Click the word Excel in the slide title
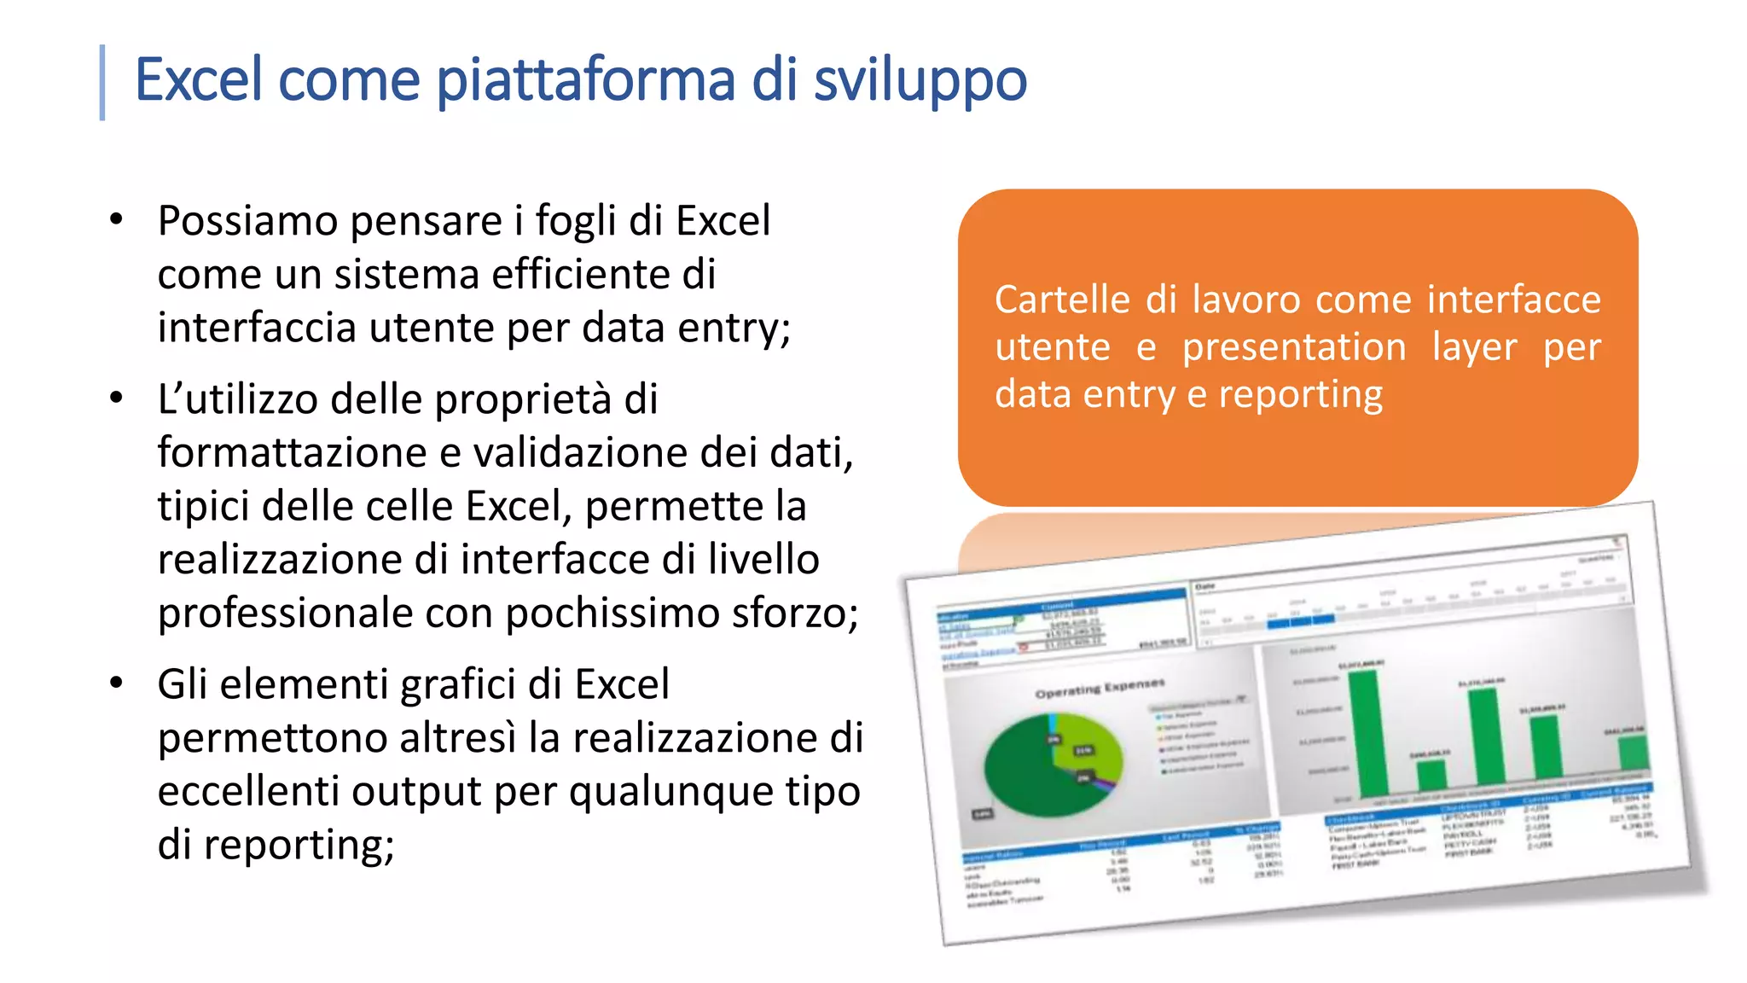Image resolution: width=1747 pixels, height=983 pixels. pyautogui.click(x=198, y=79)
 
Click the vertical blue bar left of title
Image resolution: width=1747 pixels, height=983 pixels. pyautogui.click(x=102, y=82)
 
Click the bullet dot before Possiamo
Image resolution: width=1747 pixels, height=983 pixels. pyautogui.click(x=117, y=220)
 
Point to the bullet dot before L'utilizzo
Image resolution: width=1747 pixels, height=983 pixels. pyautogui.click(x=117, y=398)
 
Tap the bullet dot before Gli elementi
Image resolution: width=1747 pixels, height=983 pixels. pyautogui.click(x=117, y=683)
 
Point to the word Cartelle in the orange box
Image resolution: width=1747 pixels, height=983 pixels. pyautogui.click(x=1063, y=300)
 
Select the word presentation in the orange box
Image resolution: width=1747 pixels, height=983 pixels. pyautogui.click(x=1293, y=347)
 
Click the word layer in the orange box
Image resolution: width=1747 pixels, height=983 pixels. pyautogui.click(x=1474, y=347)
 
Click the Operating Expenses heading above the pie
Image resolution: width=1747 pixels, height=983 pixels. pyautogui.click(x=1100, y=688)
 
